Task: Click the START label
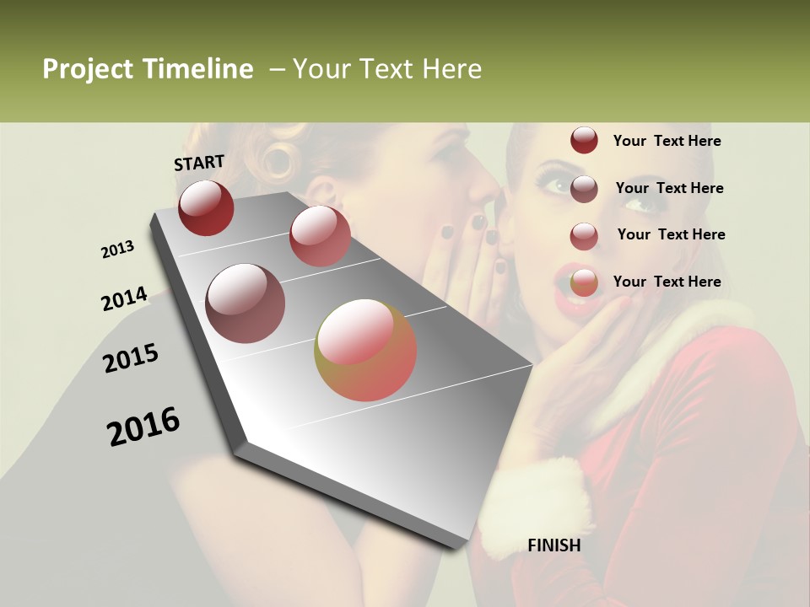pos(199,163)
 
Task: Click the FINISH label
pos(553,545)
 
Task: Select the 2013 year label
pos(118,250)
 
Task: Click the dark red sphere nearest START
pos(206,208)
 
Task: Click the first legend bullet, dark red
pos(584,141)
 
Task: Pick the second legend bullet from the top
pos(584,189)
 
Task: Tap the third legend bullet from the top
pos(584,236)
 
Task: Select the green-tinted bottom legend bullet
pos(584,283)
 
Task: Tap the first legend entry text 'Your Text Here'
pos(667,141)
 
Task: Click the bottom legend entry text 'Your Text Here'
pos(667,282)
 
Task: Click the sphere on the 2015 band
pos(246,303)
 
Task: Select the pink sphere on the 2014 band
pos(320,235)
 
